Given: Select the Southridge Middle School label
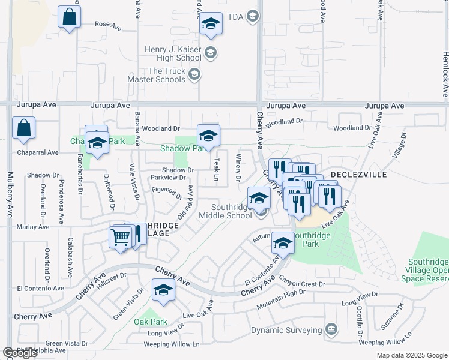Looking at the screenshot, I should (x=225, y=211).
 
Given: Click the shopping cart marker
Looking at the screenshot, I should (x=120, y=238).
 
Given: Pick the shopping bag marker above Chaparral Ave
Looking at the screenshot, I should (x=23, y=128).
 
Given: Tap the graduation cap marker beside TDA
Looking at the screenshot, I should (x=210, y=24).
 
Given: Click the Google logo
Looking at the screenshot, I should (x=20, y=353).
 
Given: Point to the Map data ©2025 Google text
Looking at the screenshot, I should (x=411, y=355).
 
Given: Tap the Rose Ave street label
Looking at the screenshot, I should (x=109, y=25).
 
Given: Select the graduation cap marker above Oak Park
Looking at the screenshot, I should (x=163, y=290).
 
